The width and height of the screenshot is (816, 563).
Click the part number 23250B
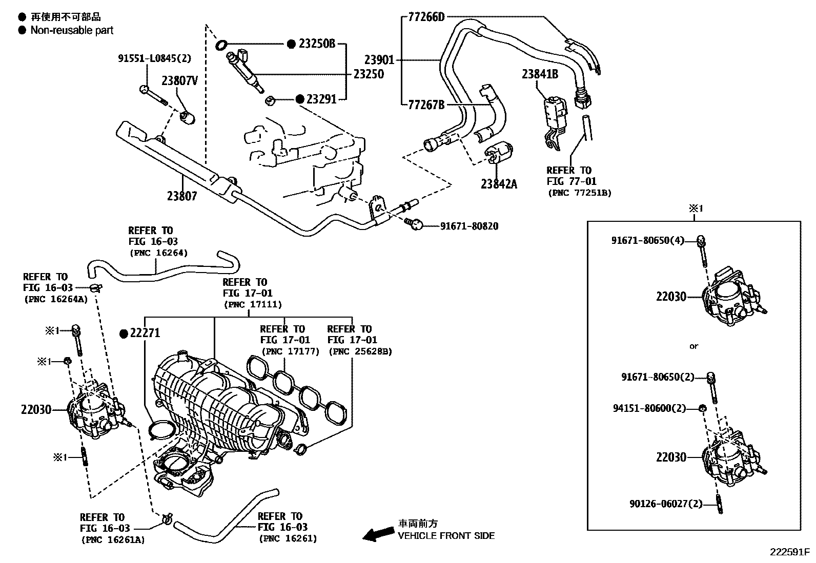(317, 44)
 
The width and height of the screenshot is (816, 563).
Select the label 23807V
(179, 80)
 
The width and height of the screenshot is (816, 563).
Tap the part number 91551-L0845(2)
(154, 58)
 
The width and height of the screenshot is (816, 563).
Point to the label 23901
(379, 60)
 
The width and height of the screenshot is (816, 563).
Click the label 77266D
(426, 17)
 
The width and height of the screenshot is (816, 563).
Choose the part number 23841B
(540, 74)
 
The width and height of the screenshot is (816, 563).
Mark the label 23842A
(499, 183)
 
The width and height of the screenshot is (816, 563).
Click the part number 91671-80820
(469, 225)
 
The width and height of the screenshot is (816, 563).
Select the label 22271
(145, 333)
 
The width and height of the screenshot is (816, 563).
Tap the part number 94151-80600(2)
(649, 408)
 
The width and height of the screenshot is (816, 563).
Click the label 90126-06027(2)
(666, 504)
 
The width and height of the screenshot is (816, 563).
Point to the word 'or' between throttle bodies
(693, 346)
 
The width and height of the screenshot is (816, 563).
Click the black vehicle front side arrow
(376, 534)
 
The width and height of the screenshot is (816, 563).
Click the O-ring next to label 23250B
(221, 45)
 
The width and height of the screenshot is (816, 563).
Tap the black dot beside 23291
(300, 99)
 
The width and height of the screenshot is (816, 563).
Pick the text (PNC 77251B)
(580, 193)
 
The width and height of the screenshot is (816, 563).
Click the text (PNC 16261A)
(112, 539)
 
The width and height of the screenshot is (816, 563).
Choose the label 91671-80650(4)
(647, 240)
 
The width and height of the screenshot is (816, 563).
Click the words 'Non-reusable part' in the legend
(72, 30)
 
